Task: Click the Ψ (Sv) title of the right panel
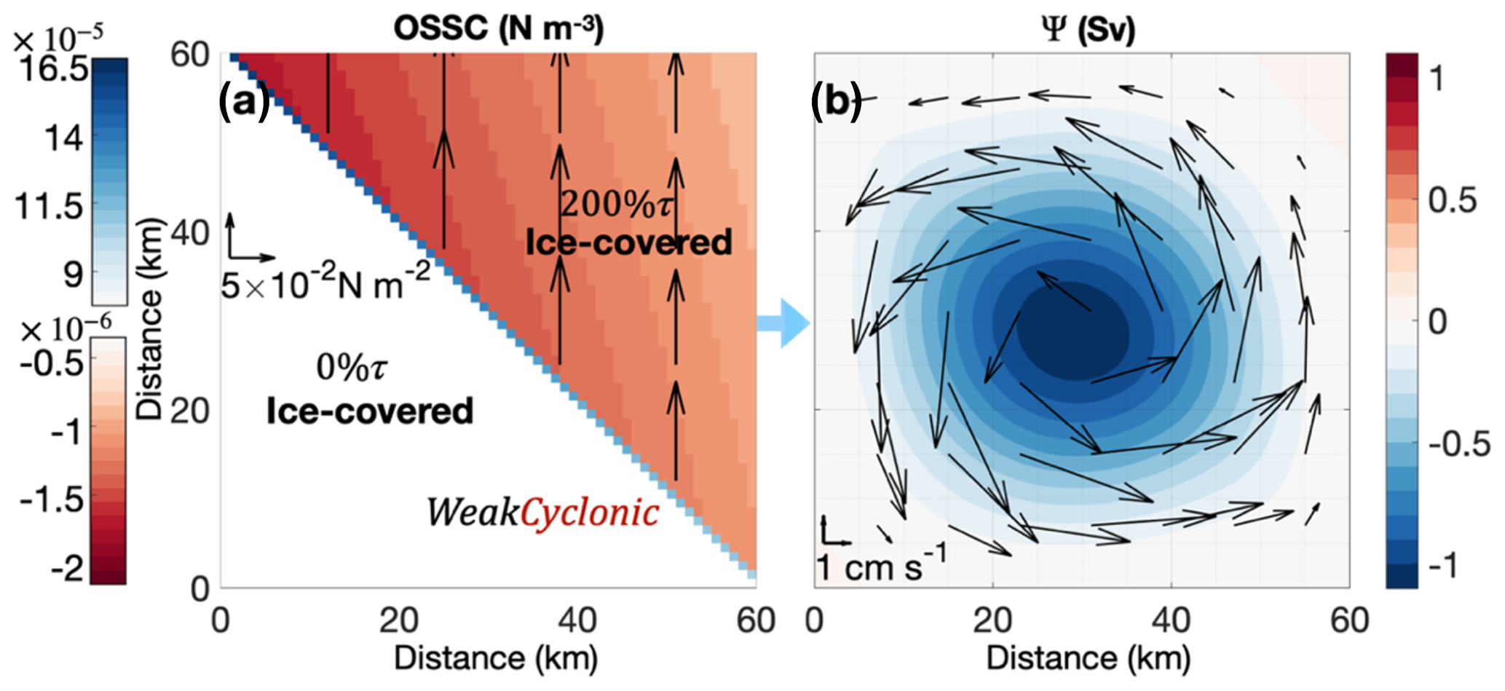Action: click(1089, 29)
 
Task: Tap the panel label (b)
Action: click(836, 102)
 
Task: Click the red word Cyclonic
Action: click(590, 513)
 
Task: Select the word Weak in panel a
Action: click(472, 513)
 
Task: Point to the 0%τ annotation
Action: click(352, 368)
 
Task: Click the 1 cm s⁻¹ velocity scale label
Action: click(881, 565)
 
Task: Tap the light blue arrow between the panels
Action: click(783, 323)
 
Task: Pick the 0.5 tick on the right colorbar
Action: click(1452, 200)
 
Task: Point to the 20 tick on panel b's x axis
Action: click(992, 621)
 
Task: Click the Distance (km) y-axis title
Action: click(150, 319)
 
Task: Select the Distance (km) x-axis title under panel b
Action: click(1089, 658)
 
